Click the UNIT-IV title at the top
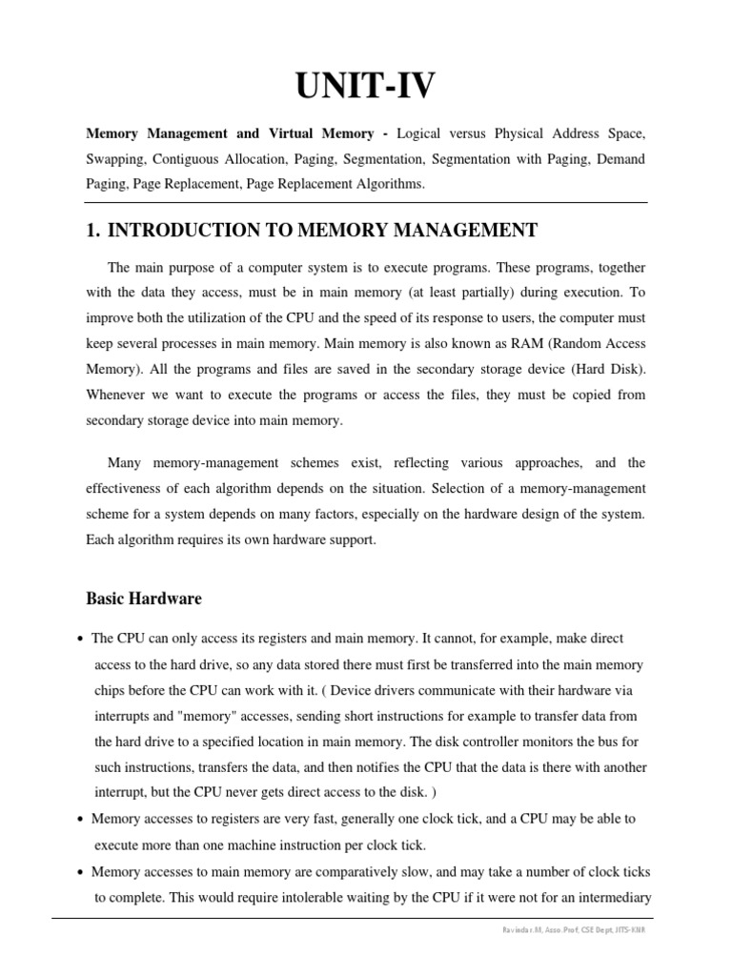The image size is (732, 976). click(366, 88)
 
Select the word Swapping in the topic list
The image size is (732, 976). click(117, 158)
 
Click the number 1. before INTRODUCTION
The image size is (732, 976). click(93, 230)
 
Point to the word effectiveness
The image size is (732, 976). click(125, 488)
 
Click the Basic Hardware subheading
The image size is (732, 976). click(144, 599)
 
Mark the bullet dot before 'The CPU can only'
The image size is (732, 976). click(78, 639)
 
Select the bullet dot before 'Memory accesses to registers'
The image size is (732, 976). click(78, 820)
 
